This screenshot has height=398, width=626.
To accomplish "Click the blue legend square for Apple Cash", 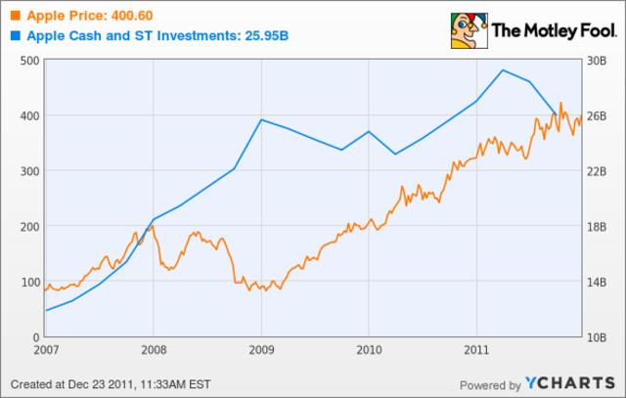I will pos(13,36).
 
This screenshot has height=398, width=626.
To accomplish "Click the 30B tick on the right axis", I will pos(598,61).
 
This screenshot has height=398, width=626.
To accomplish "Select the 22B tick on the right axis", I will pos(598,171).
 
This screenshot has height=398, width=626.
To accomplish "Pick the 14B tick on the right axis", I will pos(598,282).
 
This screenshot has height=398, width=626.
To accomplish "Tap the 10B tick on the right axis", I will pos(598,337).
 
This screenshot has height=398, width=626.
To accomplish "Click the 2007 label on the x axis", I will pos(45,348).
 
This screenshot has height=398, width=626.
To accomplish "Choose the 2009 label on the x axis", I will pos(260,348).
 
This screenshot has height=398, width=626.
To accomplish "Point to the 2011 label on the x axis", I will pos(475,348).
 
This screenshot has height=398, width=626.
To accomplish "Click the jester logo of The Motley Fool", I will pos(465,29).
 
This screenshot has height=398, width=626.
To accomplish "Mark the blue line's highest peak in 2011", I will pos(502,69).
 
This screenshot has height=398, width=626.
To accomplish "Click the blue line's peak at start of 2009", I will pos(260,119).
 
